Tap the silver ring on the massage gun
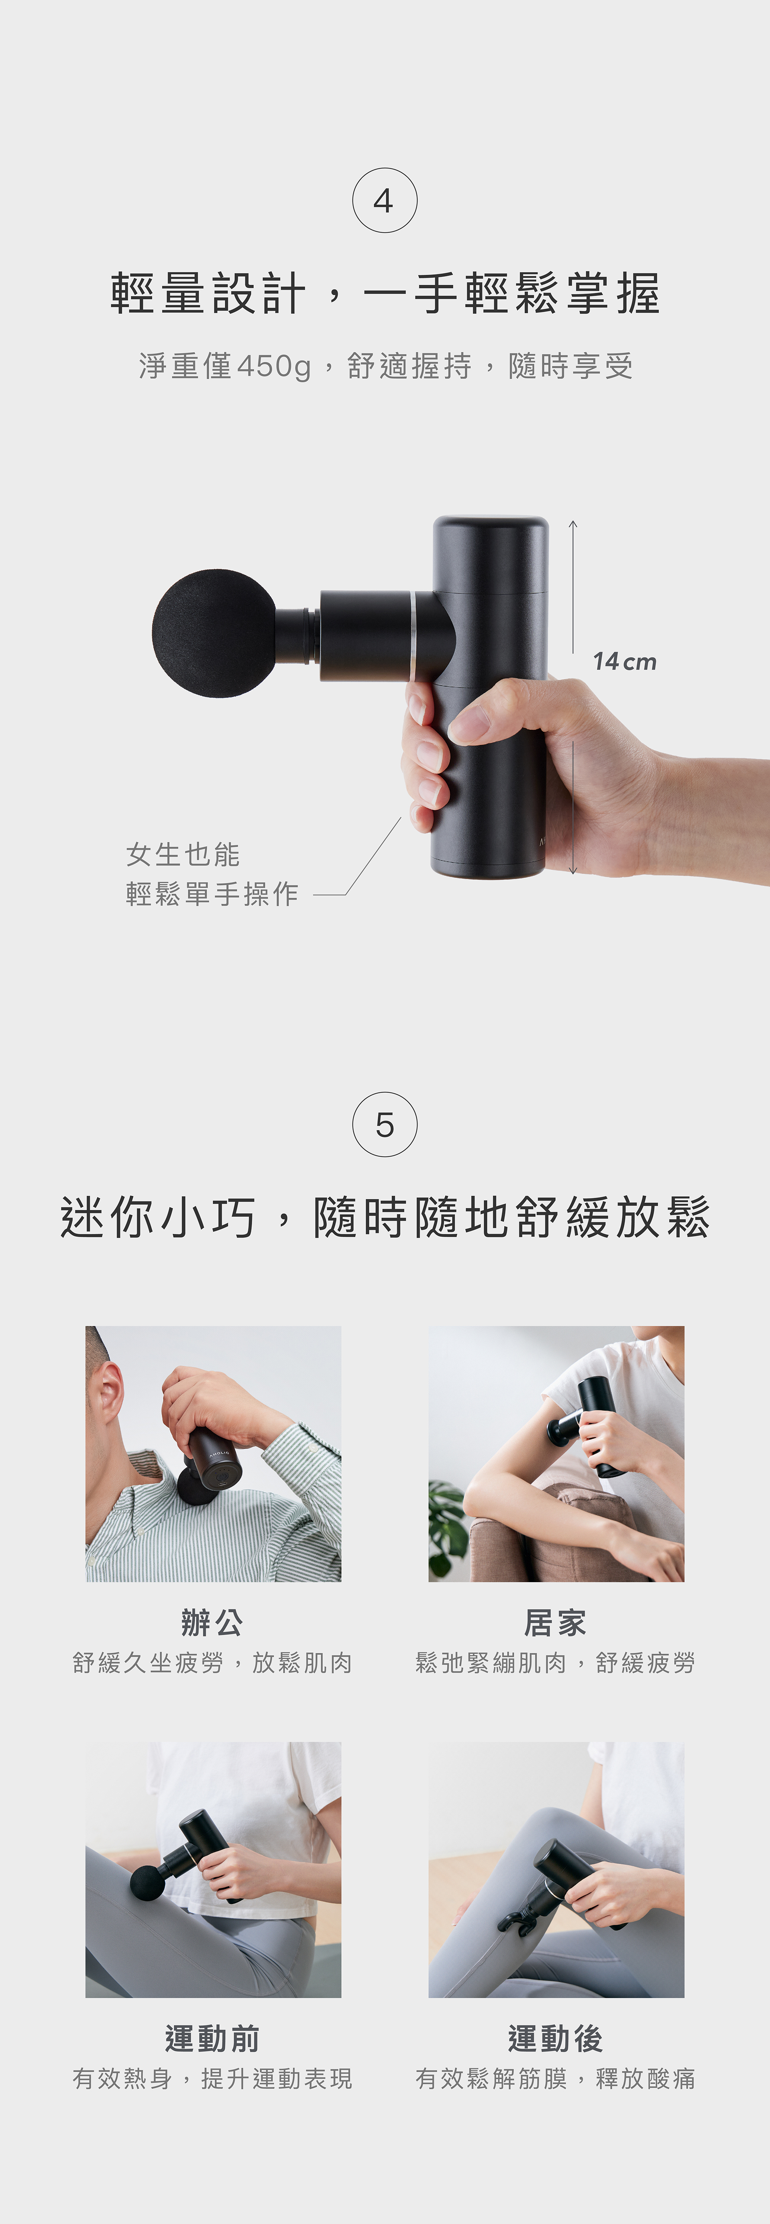coord(414,636)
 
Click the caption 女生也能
coord(183,855)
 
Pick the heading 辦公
coord(212,1622)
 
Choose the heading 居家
coord(555,1622)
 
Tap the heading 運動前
coord(212,2038)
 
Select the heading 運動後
coord(555,2038)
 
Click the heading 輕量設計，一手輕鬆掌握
coord(385,294)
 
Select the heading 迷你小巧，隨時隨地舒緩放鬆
coord(385,1217)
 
